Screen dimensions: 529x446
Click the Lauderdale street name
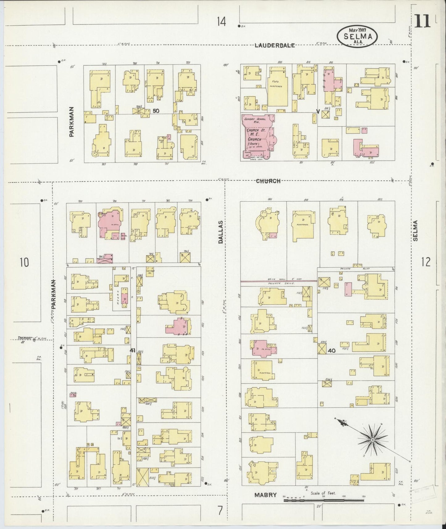275,46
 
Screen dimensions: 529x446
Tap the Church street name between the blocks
268,181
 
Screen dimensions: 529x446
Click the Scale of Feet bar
324,499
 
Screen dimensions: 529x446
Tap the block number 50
156,110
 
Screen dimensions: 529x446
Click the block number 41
133,350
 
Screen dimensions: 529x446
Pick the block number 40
331,350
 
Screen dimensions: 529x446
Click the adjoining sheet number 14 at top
221,22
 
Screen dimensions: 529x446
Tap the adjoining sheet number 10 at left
24,263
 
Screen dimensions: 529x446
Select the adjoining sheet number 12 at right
426,262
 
